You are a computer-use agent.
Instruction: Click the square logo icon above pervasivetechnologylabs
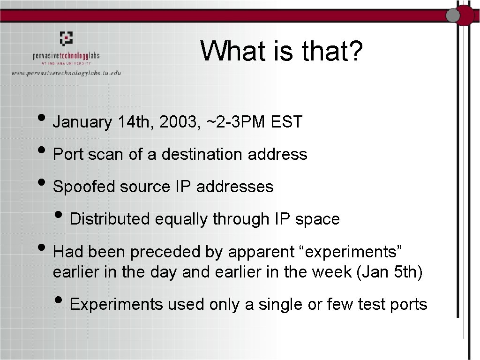point(66,37)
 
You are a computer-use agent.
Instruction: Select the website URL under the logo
point(66,73)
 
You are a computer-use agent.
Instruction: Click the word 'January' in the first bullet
point(82,123)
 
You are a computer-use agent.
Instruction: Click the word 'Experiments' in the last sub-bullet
point(116,305)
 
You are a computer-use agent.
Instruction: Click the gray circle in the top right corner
point(453,15)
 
